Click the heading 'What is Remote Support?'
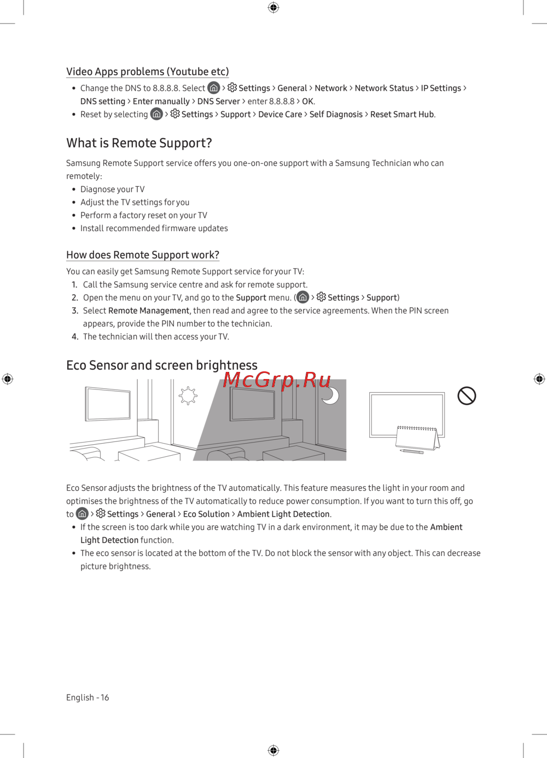pyautogui.click(x=139, y=143)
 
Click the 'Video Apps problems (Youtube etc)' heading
pyautogui.click(x=147, y=72)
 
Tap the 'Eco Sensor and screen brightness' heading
pyautogui.click(x=161, y=365)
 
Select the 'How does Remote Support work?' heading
pyautogui.click(x=142, y=255)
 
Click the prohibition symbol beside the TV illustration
pyautogui.click(x=467, y=395)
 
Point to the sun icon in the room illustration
pyautogui.click(x=188, y=395)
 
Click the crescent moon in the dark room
pyautogui.click(x=331, y=395)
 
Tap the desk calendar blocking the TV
pyautogui.click(x=417, y=438)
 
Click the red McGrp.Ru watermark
pyautogui.click(x=277, y=380)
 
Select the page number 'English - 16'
pyautogui.click(x=88, y=697)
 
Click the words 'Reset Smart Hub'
pyautogui.click(x=402, y=114)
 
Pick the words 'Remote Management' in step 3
pyautogui.click(x=148, y=311)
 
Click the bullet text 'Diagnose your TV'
pyautogui.click(x=112, y=189)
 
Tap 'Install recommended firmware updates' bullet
pyautogui.click(x=154, y=228)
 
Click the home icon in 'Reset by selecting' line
pyautogui.click(x=157, y=114)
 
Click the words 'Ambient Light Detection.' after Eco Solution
pyautogui.click(x=284, y=514)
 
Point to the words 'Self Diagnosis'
pyautogui.click(x=336, y=114)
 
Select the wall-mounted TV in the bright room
pyautogui.click(x=108, y=404)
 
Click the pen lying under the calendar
pyautogui.click(x=412, y=451)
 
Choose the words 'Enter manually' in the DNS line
pyautogui.click(x=161, y=101)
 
